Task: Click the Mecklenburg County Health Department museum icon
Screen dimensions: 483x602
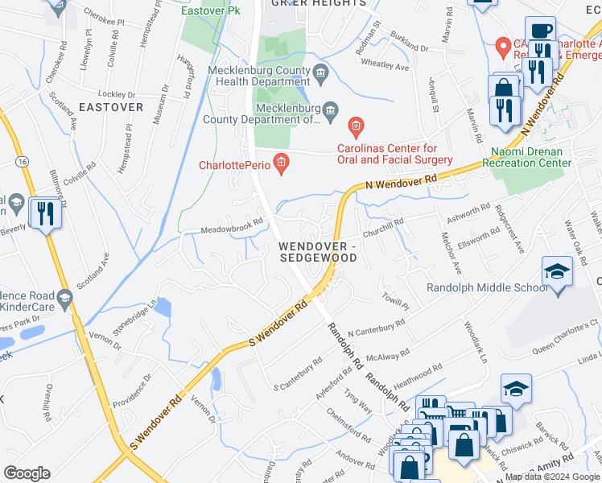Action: click(321, 75)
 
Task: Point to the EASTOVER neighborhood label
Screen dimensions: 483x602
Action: click(111, 106)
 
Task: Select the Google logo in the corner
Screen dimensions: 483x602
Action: click(27, 473)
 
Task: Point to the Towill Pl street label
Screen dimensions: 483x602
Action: click(396, 301)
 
